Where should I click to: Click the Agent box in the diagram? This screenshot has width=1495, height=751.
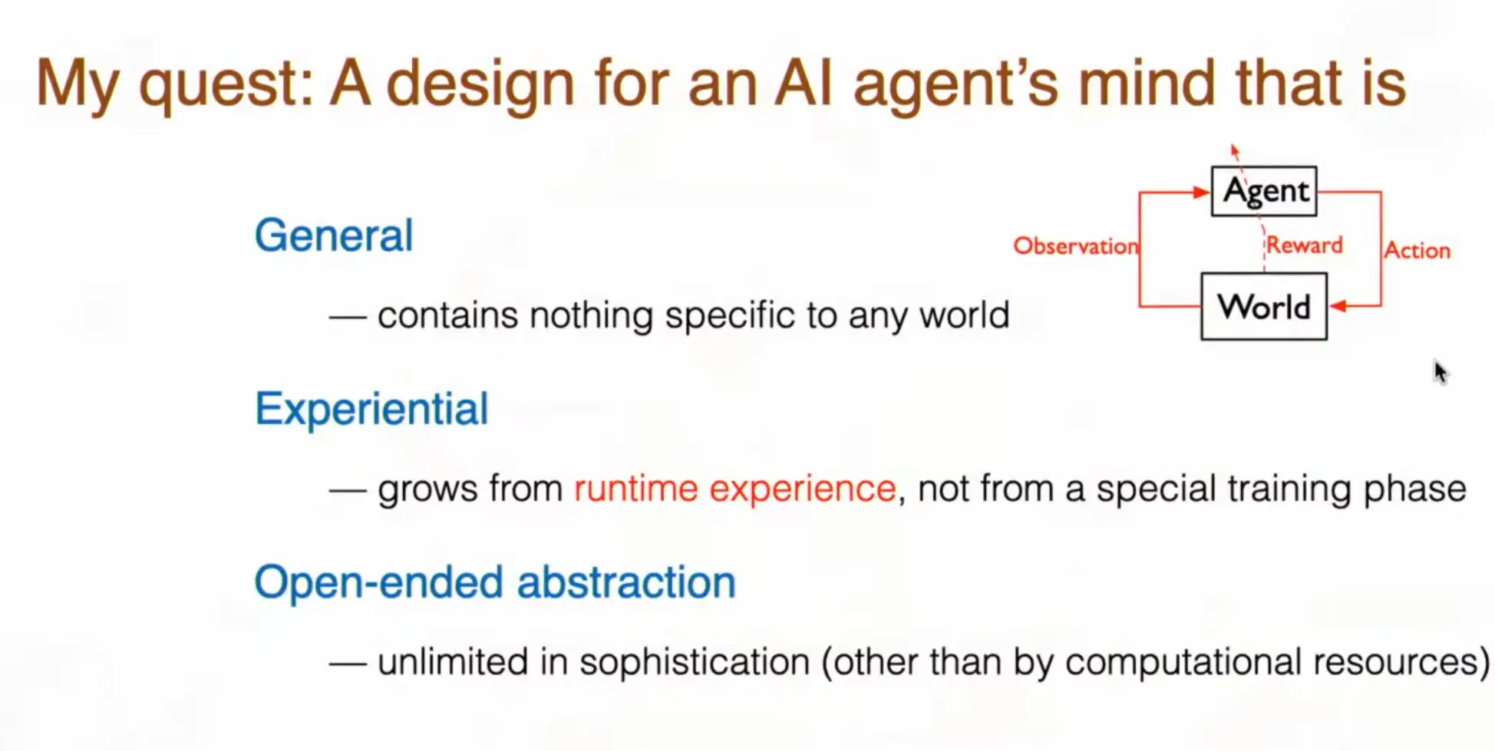click(1264, 191)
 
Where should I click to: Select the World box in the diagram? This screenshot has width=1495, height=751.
click(1264, 306)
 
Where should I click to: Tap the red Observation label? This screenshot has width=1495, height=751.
click(1075, 245)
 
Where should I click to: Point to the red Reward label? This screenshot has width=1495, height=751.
click(1304, 245)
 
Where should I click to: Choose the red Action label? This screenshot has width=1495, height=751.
click(1417, 250)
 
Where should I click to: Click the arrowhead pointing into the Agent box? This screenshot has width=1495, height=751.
click(1202, 192)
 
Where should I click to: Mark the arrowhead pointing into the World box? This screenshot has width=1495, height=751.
click(1338, 306)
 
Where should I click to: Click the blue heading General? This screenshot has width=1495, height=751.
click(334, 235)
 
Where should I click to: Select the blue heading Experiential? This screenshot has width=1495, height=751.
click(371, 409)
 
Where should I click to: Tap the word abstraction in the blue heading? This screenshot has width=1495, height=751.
click(626, 581)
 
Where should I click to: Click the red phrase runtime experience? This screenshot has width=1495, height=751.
click(734, 489)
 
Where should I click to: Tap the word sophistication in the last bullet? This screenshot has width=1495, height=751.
click(695, 662)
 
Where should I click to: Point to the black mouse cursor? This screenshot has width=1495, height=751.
click(1440, 372)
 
